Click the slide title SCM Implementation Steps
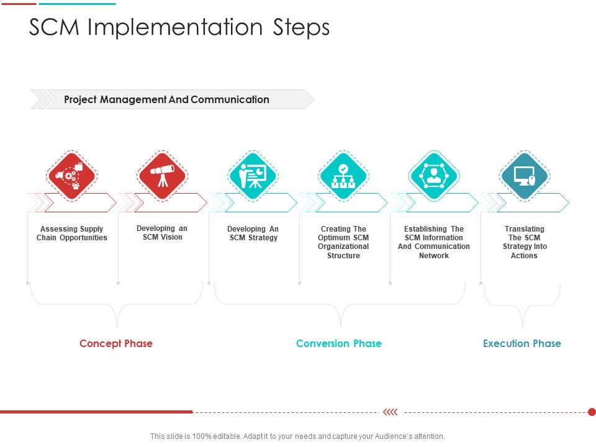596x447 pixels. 179,27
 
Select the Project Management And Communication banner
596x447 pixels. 166,99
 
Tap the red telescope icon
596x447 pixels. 163,176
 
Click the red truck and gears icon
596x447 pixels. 72,176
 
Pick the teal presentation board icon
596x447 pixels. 253,176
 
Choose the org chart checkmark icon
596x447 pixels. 343,176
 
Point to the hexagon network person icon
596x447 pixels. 434,176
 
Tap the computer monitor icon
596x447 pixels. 524,176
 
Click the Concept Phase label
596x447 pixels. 116,343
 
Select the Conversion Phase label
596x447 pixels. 339,343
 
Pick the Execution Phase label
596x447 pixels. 522,343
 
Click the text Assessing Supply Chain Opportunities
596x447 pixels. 72,233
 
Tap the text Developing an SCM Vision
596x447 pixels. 162,233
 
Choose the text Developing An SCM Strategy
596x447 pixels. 253,233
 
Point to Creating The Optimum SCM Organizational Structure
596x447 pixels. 343,242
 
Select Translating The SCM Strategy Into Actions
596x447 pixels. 525,242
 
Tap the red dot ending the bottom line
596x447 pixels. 592,412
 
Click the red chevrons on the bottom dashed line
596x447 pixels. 391,412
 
